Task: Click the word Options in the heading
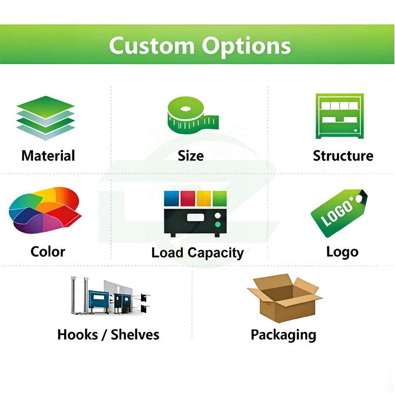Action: click(246, 46)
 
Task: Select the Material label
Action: click(48, 156)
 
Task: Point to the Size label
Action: click(191, 156)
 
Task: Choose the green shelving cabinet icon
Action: click(339, 116)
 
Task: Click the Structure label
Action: click(343, 156)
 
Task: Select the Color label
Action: click(48, 251)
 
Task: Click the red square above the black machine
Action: click(188, 198)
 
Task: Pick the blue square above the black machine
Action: click(171, 198)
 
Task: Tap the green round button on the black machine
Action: click(218, 224)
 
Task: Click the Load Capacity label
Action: click(197, 253)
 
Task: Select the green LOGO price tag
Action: click(339, 213)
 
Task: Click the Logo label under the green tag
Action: click(342, 251)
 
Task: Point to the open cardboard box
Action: click(284, 297)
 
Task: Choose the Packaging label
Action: click(283, 335)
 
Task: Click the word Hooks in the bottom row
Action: click(77, 334)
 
